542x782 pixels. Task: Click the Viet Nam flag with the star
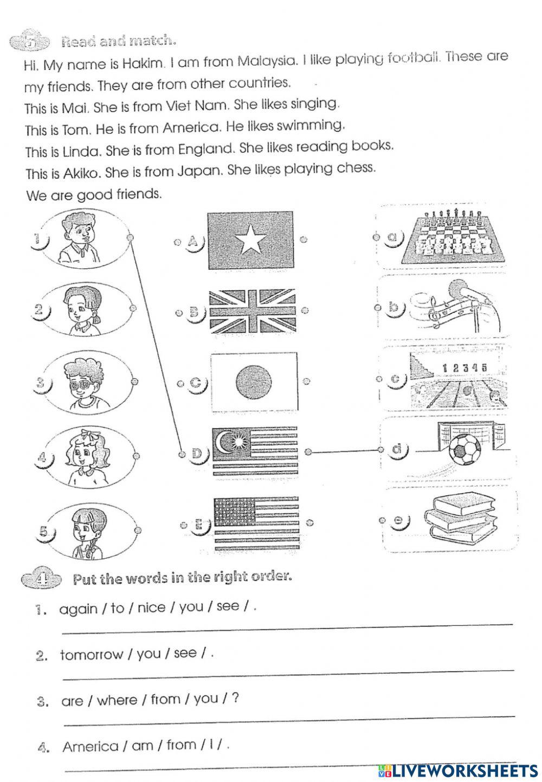pyautogui.click(x=250, y=240)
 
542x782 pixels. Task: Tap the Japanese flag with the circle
pyautogui.click(x=253, y=381)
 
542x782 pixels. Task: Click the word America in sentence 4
pyautogui.click(x=91, y=747)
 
